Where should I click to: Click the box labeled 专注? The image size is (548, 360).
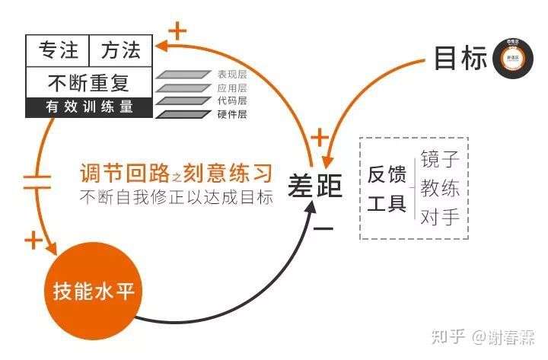point(57,50)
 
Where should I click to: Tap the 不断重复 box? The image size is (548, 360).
point(89,81)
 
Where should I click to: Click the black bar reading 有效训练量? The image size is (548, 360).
point(89,107)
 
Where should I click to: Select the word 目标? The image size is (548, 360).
point(460,58)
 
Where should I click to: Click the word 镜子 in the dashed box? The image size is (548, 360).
point(440,161)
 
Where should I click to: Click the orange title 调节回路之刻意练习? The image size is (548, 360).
point(176,171)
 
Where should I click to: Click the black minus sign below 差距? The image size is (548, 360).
point(323,228)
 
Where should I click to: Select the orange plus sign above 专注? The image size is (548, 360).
point(177,31)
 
